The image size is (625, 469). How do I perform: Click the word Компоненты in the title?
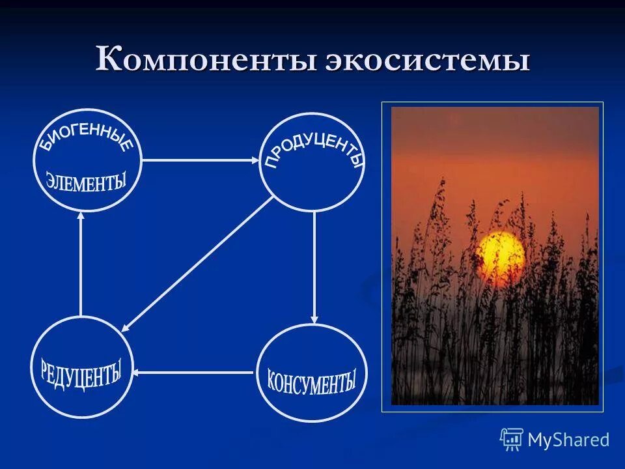point(206,61)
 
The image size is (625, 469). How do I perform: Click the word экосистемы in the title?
point(427,61)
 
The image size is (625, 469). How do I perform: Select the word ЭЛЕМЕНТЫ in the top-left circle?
point(85,180)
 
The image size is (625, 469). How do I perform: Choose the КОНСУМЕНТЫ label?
point(312,380)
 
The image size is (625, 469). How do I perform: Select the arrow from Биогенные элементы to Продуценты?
point(199,160)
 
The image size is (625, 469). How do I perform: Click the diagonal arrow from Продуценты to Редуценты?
point(199,264)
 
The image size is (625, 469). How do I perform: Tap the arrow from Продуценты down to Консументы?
point(314,267)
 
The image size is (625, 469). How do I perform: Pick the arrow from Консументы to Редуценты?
point(193,373)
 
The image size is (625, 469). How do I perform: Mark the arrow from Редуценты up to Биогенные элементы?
point(81,264)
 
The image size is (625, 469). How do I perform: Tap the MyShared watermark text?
point(568,440)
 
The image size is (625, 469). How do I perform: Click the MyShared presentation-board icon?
point(512,440)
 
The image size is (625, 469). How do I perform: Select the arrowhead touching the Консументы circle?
point(314,319)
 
